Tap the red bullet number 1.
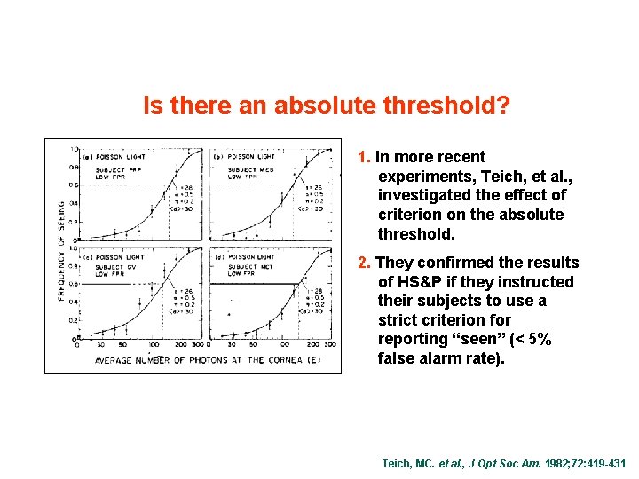click(x=363, y=157)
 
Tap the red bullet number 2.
click(x=362, y=263)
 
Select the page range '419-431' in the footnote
click(x=603, y=464)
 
